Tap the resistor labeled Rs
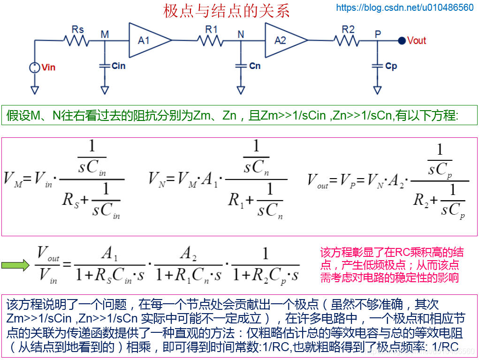[x=77, y=41]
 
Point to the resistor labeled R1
[x=211, y=41]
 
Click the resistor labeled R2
[x=348, y=41]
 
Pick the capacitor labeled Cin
[x=105, y=66]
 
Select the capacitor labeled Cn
[x=241, y=66]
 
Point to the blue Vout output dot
[x=402, y=41]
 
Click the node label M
[x=105, y=34]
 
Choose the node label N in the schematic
[x=241, y=34]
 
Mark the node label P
[x=378, y=34]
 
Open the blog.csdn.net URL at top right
[x=405, y=7]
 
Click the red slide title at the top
[x=227, y=10]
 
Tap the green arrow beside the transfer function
[x=15, y=266]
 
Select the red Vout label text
[x=417, y=41]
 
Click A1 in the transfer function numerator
[x=109, y=255]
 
